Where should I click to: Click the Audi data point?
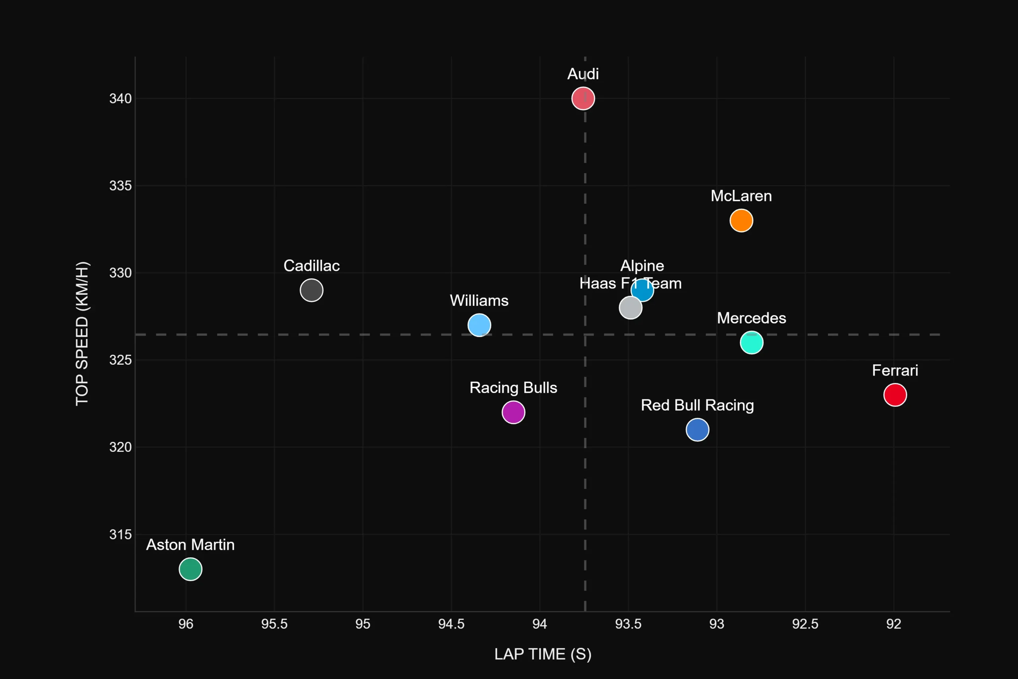[x=583, y=99]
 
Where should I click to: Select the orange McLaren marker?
[x=741, y=220]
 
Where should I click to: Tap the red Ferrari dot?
[x=895, y=395]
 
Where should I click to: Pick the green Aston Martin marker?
[x=190, y=569]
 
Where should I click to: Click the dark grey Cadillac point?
[x=312, y=290]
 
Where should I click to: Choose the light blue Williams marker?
[x=479, y=325]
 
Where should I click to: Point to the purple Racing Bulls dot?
[x=513, y=412]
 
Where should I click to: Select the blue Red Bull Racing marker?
[x=697, y=430]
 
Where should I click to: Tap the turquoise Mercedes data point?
[x=752, y=342]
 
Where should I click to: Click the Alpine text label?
[x=642, y=265]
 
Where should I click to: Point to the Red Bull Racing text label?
[x=697, y=405]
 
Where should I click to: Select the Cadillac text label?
[x=312, y=265]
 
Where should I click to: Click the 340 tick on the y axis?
[x=120, y=99]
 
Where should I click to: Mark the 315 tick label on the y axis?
[x=120, y=534]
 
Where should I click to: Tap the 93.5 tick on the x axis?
[x=628, y=624]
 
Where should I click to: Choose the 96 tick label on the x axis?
[x=186, y=624]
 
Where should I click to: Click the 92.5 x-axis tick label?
[x=805, y=624]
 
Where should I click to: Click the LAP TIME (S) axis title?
[x=543, y=654]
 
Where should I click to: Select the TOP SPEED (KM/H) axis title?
[x=82, y=333]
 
